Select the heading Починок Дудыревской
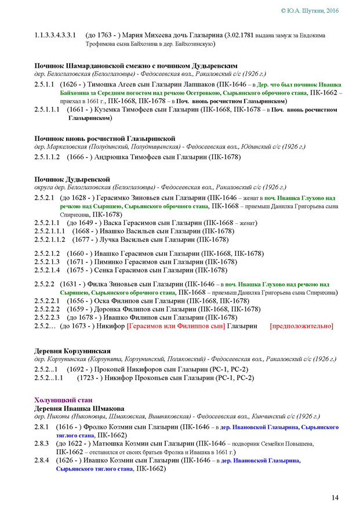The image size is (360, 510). pos(72,179)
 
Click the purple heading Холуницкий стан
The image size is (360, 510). pos(62,400)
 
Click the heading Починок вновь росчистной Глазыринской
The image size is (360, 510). pos(104,138)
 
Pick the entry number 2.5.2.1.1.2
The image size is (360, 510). pos(50,239)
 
